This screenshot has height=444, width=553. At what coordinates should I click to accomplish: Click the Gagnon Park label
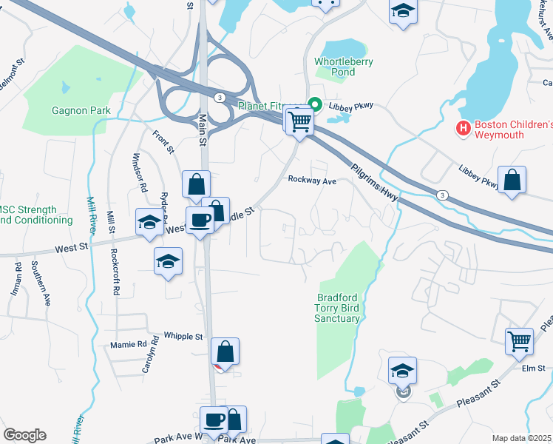click(81, 111)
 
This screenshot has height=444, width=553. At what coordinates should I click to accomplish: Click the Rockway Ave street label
click(312, 179)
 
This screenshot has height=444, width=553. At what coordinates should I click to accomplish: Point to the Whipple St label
click(183, 337)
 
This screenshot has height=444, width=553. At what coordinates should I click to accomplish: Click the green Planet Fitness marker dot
click(313, 105)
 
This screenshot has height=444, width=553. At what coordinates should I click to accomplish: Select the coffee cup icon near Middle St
click(200, 219)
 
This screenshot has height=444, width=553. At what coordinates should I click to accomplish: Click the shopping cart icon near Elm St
click(520, 340)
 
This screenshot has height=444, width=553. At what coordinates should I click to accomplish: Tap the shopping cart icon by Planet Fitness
click(299, 121)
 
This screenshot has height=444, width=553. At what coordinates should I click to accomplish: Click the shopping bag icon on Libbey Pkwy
click(512, 179)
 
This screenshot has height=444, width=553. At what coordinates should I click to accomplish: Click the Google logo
click(24, 435)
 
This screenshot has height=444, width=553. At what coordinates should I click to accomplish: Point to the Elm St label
click(532, 368)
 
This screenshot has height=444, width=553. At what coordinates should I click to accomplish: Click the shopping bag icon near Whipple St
click(225, 351)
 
